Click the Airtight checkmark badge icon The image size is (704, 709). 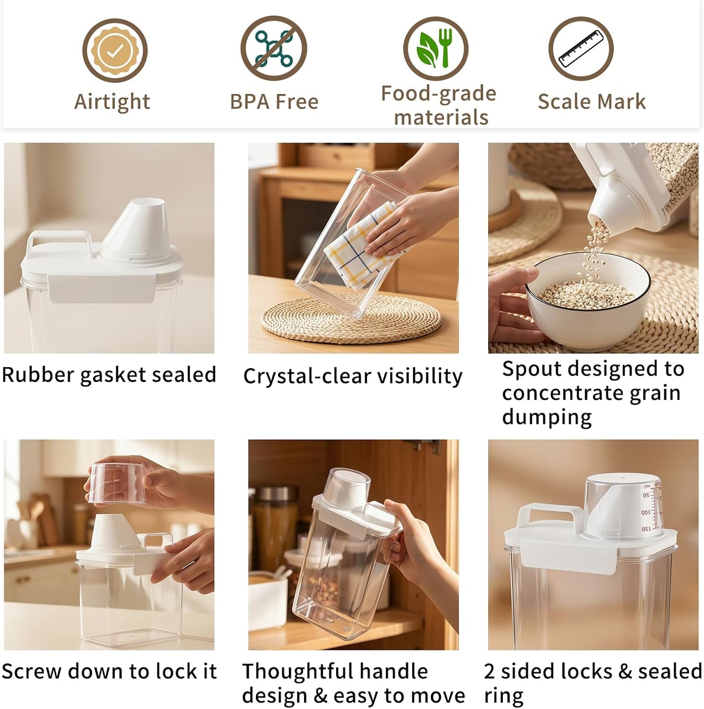pyautogui.click(x=114, y=50)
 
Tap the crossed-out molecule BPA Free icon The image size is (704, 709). pyautogui.click(x=274, y=49)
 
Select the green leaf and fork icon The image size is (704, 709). pyautogui.click(x=436, y=49)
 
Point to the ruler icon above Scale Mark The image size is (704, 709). pyautogui.click(x=581, y=49)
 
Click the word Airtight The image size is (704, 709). pyautogui.click(x=112, y=102)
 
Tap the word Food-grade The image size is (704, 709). pyautogui.click(x=438, y=94)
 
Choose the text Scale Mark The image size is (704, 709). pyautogui.click(x=591, y=101)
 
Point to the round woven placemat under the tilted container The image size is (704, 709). pyautogui.click(x=351, y=318)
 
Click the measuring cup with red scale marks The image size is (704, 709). pyautogui.click(x=622, y=506)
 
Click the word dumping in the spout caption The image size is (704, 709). pyautogui.click(x=547, y=417)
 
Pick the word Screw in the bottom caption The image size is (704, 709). pyautogui.click(x=32, y=671)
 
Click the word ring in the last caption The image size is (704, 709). pyautogui.click(x=504, y=696)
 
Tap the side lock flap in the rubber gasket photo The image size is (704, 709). pyautogui.click(x=101, y=289)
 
